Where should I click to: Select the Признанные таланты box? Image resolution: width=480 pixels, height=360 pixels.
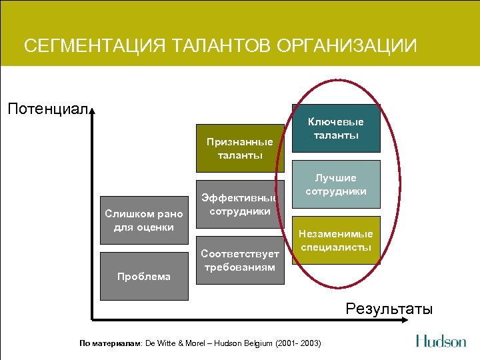[239, 149]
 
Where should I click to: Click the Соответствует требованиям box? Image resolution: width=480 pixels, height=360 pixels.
[239, 260]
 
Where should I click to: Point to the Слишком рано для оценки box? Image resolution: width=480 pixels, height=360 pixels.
[144, 221]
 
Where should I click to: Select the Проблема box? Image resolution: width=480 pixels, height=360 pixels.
[143, 276]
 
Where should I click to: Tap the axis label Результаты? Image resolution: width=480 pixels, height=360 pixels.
[389, 309]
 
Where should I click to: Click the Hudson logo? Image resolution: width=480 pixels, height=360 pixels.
[441, 341]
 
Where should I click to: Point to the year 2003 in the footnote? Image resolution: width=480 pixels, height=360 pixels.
[310, 343]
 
